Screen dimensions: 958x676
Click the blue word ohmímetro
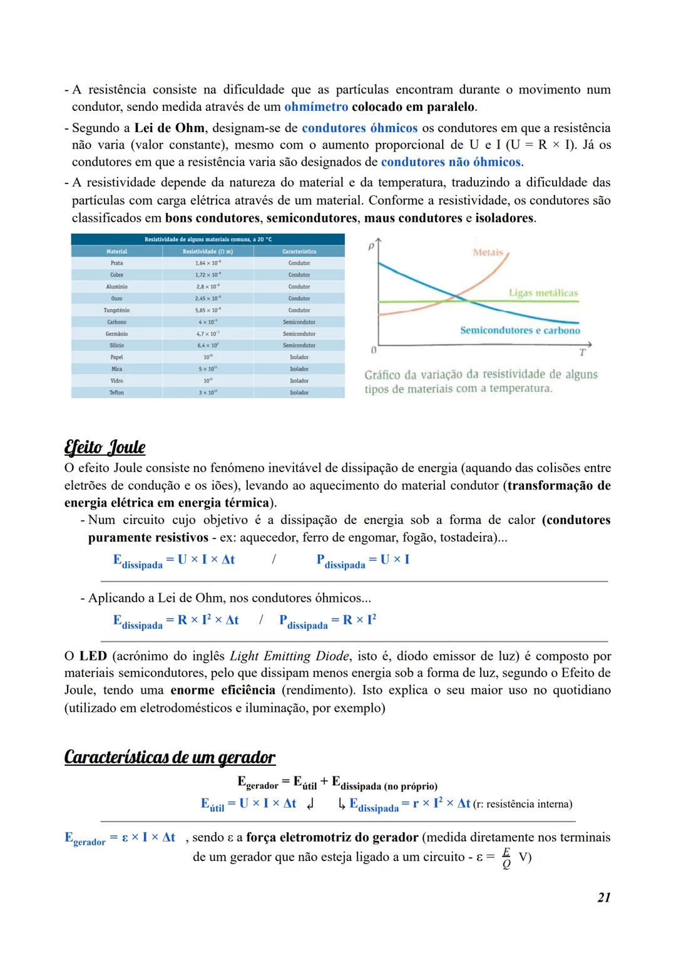coord(316,107)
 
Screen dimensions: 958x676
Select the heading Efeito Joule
coord(105,448)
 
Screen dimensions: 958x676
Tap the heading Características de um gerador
coord(170,757)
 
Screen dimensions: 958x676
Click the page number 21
coord(603,897)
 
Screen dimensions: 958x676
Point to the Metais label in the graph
coord(488,252)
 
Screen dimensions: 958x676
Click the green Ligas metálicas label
coord(543,293)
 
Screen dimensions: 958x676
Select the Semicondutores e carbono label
coord(520,331)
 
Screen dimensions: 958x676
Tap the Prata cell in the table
coord(116,263)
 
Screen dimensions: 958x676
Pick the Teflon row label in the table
coord(116,393)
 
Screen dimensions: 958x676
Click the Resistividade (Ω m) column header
coord(207,251)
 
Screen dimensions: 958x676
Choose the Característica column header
coord(299,251)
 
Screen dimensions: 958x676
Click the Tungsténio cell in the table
coord(116,310)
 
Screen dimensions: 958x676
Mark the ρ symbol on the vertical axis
coord(371,247)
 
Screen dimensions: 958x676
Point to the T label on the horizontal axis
coord(582,353)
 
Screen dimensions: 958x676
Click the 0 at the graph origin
coord(373,349)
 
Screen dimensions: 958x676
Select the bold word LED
coord(93,656)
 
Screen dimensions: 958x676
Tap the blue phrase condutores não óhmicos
coord(451,162)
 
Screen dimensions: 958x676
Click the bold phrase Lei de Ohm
coord(169,128)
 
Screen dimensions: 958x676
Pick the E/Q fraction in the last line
coord(506,858)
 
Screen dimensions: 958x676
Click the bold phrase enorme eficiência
coord(222,691)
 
